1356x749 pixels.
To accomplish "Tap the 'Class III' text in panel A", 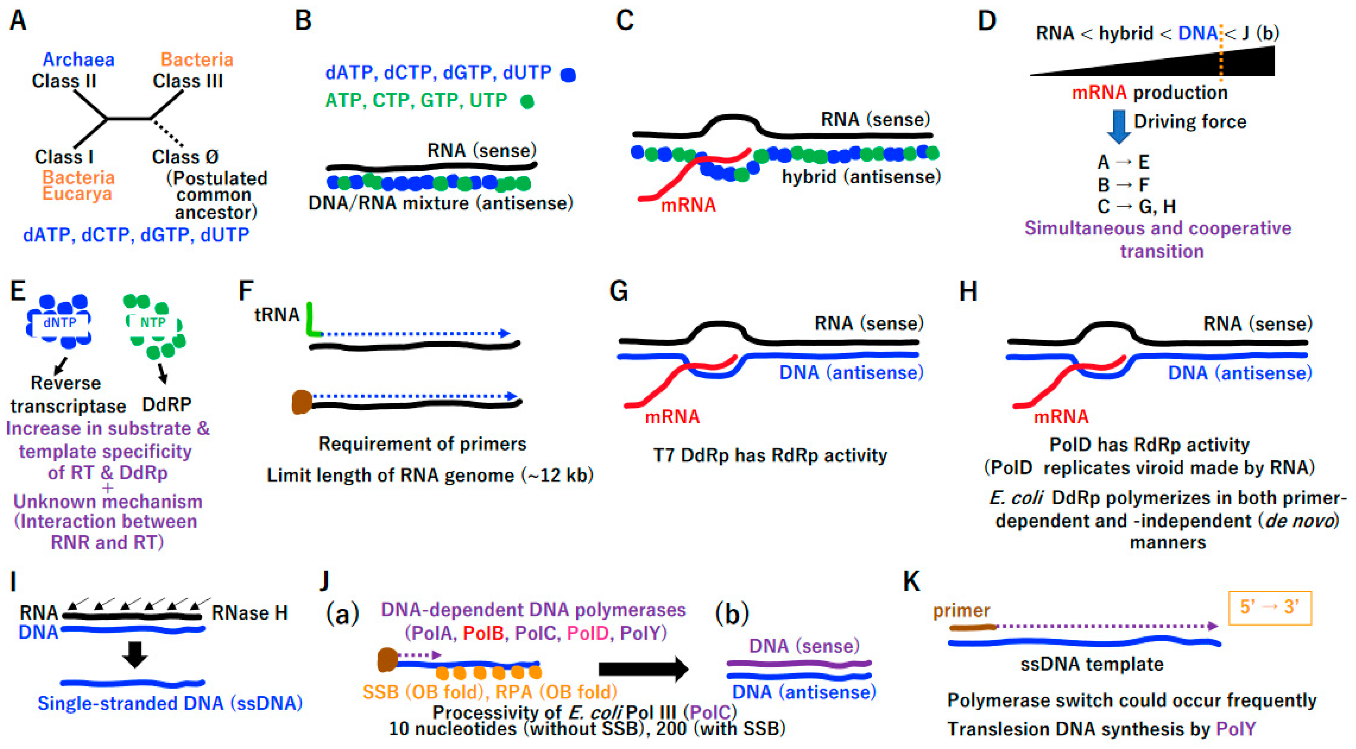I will click(x=188, y=81).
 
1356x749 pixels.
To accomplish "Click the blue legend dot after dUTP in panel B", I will click(x=568, y=75).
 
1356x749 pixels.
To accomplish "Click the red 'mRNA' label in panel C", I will click(x=688, y=204).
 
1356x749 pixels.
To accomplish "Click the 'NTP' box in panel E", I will click(x=153, y=322).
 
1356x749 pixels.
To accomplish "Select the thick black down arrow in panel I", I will click(x=135, y=655).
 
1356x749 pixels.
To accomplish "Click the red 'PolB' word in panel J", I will click(x=483, y=633).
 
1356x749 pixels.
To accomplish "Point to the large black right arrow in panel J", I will click(x=643, y=669).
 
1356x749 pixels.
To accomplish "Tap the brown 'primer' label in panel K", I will click(x=961, y=611).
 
